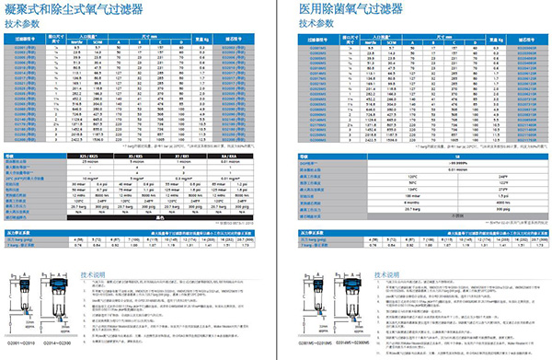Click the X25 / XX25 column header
(x=90, y=158)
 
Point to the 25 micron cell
(x=90, y=165)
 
